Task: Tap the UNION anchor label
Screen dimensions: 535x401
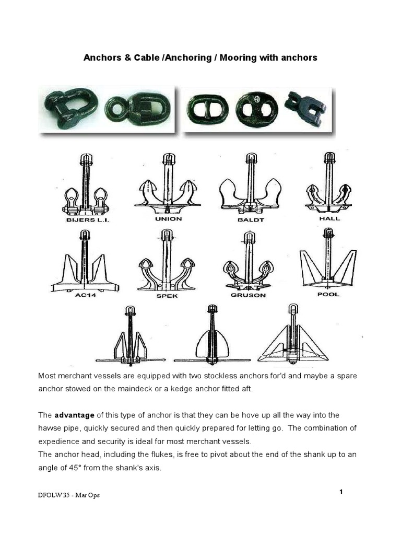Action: point(168,219)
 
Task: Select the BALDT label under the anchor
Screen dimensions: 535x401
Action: point(251,220)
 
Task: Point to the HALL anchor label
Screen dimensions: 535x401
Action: point(329,218)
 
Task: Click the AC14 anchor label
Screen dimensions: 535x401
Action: point(84,295)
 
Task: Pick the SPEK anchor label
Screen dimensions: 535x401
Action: point(166,295)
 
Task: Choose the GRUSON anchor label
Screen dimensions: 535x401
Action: point(248,295)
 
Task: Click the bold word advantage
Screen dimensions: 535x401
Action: point(75,415)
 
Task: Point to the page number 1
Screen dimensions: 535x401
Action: point(341,492)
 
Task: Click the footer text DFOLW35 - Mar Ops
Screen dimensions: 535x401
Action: point(68,495)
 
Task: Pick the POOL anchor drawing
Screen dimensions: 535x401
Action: point(327,266)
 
